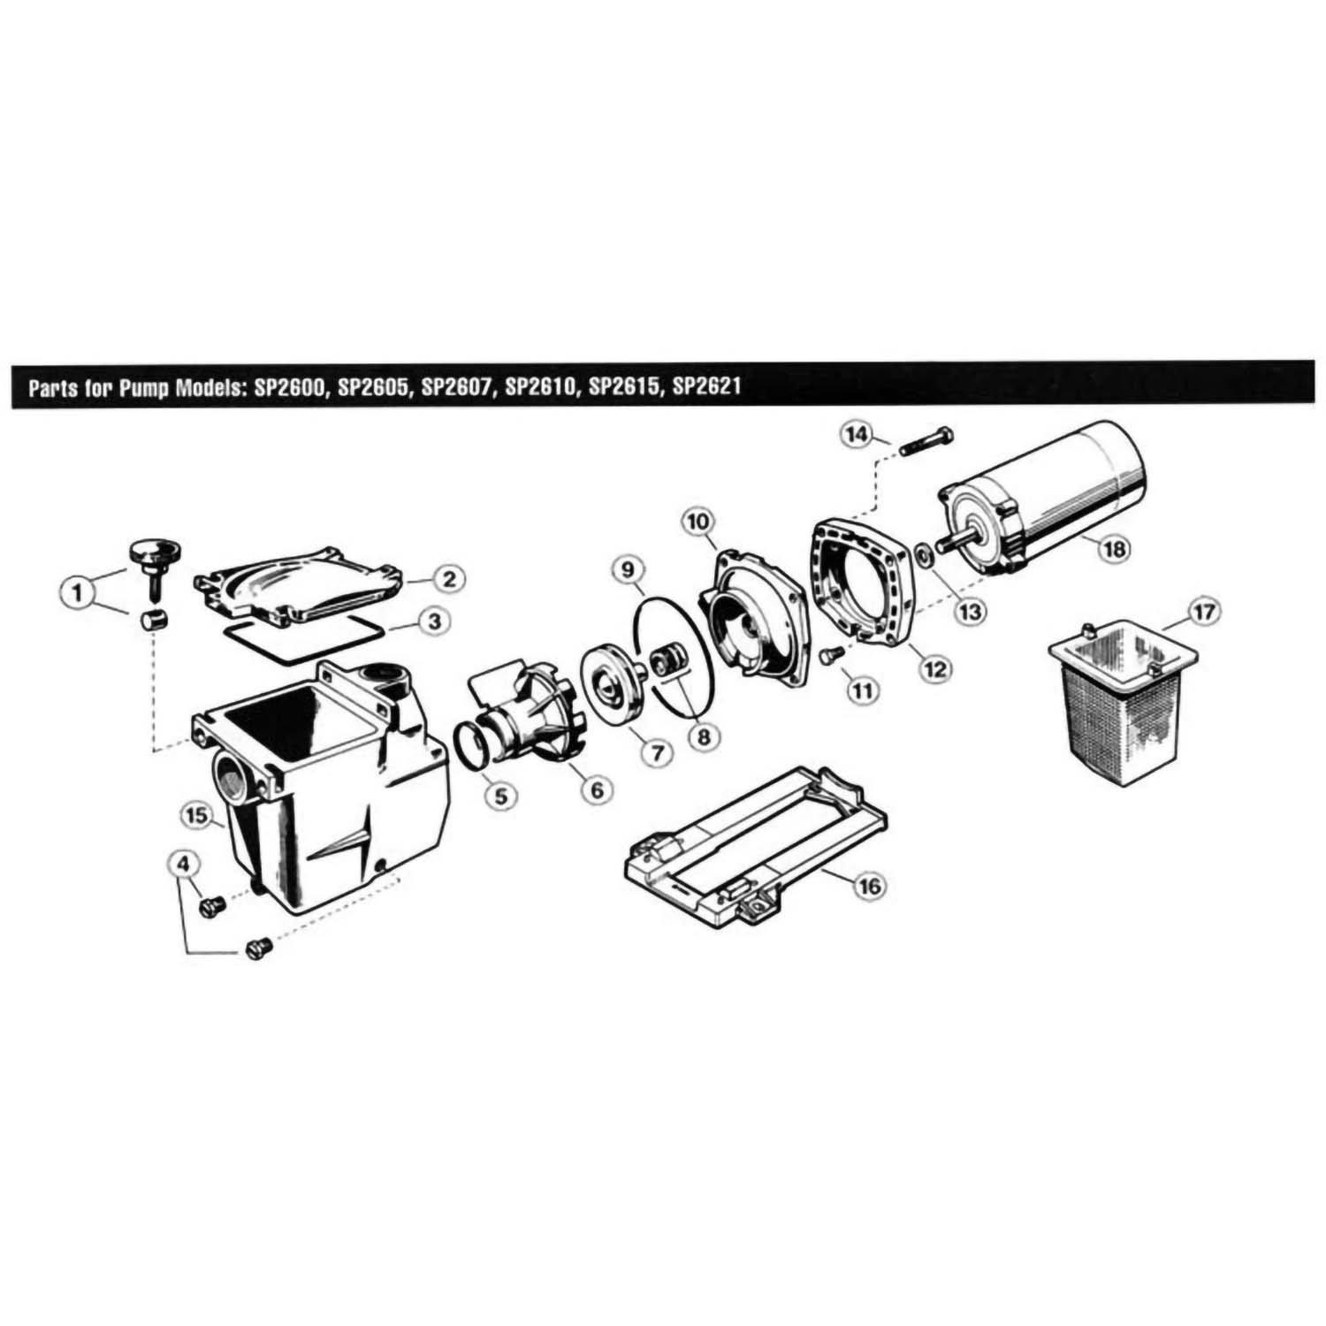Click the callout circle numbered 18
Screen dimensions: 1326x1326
pos(1113,548)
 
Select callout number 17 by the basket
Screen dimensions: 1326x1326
pos(1207,611)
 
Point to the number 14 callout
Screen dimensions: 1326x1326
pos(856,435)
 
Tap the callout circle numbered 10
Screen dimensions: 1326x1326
pos(697,522)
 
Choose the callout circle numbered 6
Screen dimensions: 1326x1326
pos(598,789)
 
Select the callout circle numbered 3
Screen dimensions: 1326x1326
pos(434,621)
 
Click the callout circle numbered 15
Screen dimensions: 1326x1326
pos(194,814)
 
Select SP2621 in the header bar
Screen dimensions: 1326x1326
pos(706,386)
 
